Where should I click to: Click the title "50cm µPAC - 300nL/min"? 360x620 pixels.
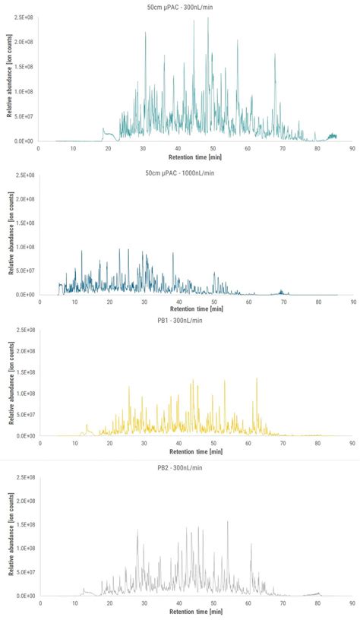tap(181, 7)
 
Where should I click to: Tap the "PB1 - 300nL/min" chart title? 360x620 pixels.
tap(181, 320)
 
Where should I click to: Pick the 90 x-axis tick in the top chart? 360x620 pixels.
tap(352, 149)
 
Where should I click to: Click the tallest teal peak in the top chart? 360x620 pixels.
tap(208, 18)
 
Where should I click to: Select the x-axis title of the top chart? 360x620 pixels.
tap(195, 157)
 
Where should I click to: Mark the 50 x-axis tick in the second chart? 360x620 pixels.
tap(214, 302)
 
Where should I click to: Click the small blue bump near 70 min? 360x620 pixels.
tap(282, 291)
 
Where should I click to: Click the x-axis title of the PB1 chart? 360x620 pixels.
tap(195, 451)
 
